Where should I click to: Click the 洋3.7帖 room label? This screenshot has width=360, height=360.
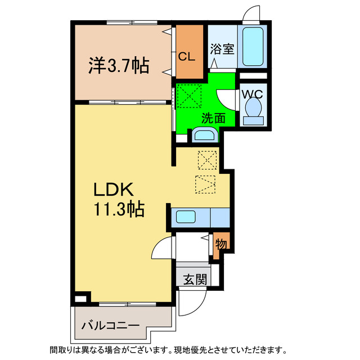[118, 66]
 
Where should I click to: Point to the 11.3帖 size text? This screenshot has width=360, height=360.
[119, 210]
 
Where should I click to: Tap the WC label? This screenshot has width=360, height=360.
[252, 94]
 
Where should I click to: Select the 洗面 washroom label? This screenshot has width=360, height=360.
[214, 118]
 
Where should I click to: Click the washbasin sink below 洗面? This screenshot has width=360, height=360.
[203, 135]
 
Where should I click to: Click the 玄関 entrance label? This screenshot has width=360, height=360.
[195, 278]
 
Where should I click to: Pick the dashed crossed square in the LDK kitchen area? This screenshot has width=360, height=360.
[207, 160]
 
